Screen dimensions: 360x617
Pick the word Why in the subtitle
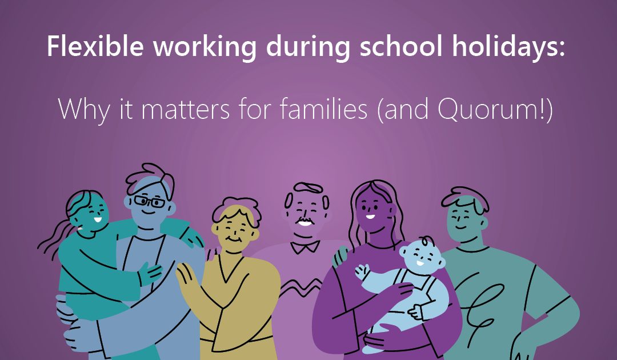pyautogui.click(x=82, y=108)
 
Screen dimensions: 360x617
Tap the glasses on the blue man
pyautogui.click(x=149, y=202)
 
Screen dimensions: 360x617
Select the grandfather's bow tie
pyautogui.click(x=305, y=246)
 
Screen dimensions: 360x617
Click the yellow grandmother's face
pyautogui.click(x=234, y=231)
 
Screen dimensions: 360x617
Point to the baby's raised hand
pyautogui.click(x=361, y=269)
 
